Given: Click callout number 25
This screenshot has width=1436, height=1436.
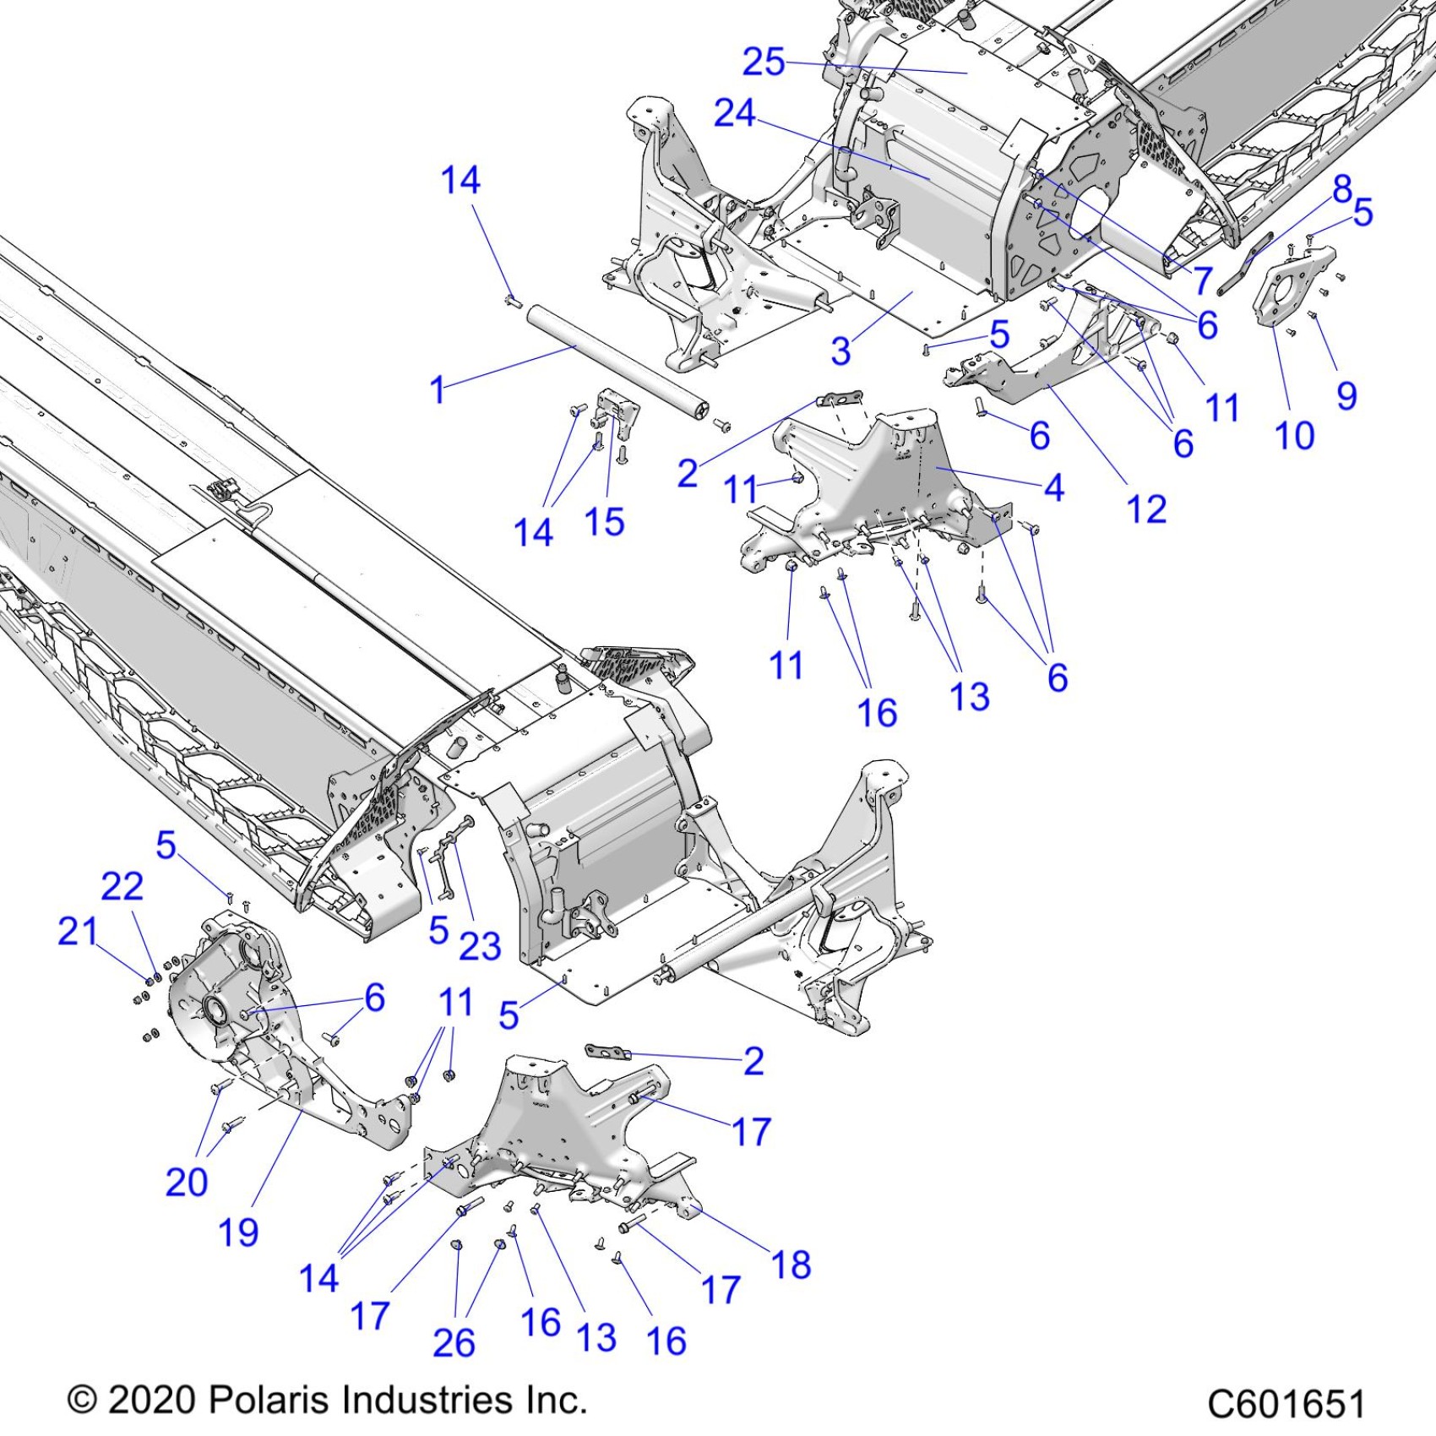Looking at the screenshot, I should coord(763,62).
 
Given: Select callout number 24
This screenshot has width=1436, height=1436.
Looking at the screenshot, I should coord(734,113).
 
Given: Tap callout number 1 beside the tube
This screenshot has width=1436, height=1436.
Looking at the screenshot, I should coord(438,390).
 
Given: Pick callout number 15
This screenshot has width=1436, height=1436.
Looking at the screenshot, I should coord(604,522).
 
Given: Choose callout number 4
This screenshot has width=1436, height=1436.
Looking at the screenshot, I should coord(1053,487).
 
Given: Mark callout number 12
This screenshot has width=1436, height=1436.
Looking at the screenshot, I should coord(1146,509).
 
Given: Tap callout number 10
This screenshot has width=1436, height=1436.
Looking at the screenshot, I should coord(1293,436).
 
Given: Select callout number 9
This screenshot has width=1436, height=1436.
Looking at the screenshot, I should coord(1346,395).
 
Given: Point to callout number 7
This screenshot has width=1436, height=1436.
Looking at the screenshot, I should coord(1203,280).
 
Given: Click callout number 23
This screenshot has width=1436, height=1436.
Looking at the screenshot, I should coord(480,946).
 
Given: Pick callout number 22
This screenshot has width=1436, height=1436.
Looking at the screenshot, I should coord(122,887).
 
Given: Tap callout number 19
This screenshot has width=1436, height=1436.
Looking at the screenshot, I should coord(238,1233).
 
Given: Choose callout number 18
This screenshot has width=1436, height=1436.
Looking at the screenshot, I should coord(791,1265).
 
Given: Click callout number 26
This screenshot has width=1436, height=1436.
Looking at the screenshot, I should coord(454,1342).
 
